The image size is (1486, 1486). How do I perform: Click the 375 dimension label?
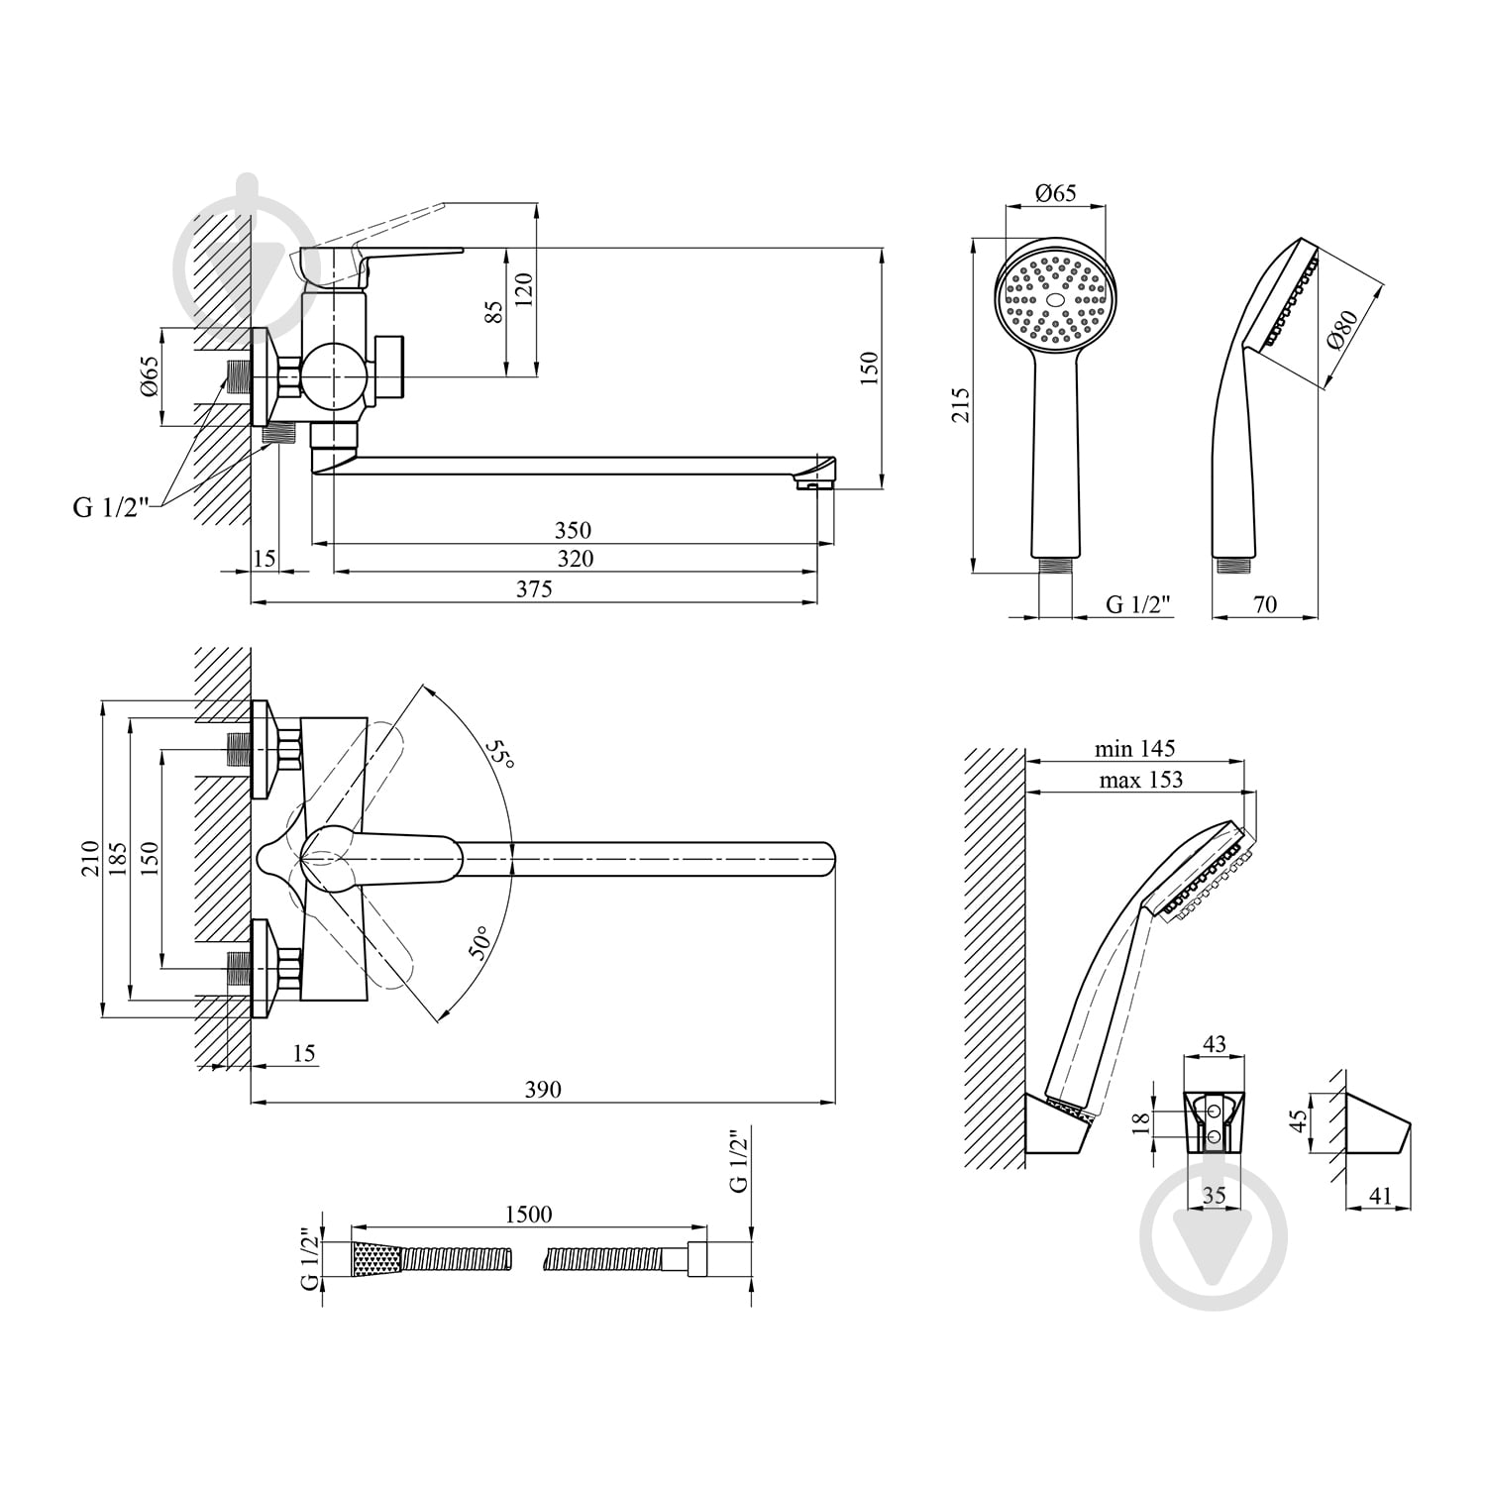coord(534,588)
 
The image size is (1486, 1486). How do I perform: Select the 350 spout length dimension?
coord(574,531)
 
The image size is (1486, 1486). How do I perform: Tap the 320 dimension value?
coord(575,559)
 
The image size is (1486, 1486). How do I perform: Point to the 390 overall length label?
coord(543,1090)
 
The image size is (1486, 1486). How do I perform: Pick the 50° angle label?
coord(479,943)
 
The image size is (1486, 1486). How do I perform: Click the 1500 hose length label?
coord(528,1214)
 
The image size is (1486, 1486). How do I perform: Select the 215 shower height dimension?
coord(960,405)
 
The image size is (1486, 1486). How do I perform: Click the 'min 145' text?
coord(1134,749)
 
